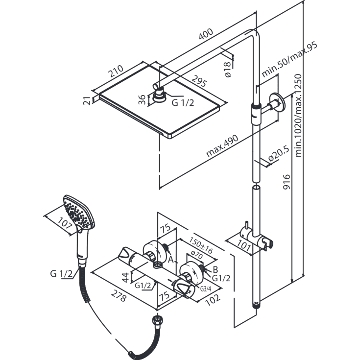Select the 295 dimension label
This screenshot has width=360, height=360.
199,81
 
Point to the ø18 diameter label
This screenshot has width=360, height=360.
227,70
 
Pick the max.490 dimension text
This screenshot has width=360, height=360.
222,146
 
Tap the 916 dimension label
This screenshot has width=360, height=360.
286,182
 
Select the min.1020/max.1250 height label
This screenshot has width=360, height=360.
298,115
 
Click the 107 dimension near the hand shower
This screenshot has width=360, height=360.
65,223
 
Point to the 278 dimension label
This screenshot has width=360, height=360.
119,296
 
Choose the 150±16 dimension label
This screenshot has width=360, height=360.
201,245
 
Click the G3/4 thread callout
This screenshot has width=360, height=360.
206,289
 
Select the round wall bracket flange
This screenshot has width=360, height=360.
278,103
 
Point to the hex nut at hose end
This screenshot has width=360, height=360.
157,320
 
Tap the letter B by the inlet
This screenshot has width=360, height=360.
215,269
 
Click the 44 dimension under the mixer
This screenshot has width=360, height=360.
125,277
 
